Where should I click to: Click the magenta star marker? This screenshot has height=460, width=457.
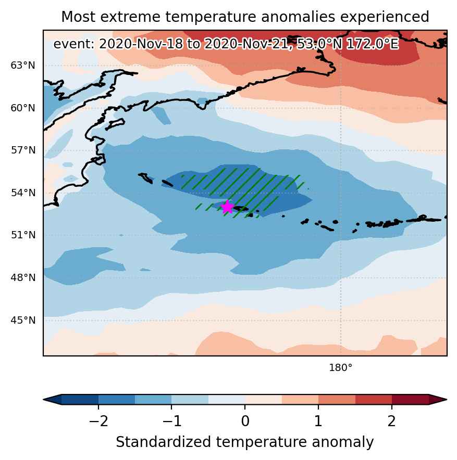click(227, 207)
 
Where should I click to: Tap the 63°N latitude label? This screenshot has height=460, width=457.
click(23, 66)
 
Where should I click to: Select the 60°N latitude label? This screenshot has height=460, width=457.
click(23, 108)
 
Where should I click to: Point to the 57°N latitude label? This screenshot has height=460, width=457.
click(23, 150)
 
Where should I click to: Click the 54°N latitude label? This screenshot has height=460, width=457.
click(23, 193)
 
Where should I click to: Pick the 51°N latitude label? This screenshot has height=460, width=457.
click(23, 235)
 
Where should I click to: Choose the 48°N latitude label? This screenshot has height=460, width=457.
click(23, 277)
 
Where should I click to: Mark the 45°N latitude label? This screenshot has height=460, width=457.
click(23, 320)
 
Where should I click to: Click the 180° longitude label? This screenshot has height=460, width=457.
click(341, 367)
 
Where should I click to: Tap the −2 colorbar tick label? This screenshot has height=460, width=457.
click(98, 421)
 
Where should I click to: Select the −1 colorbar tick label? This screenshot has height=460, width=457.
click(172, 421)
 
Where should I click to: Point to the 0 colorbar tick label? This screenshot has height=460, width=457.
click(245, 421)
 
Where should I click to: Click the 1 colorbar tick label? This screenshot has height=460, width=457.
click(318, 421)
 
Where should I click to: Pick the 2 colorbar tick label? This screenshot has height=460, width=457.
click(392, 421)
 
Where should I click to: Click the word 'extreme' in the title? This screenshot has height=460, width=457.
click(130, 17)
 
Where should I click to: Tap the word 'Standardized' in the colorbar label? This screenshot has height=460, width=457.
click(164, 442)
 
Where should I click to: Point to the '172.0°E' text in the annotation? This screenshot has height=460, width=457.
click(373, 44)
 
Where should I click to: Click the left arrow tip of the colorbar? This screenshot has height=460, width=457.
click(43, 400)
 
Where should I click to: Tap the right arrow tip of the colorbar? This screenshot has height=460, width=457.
click(447, 400)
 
